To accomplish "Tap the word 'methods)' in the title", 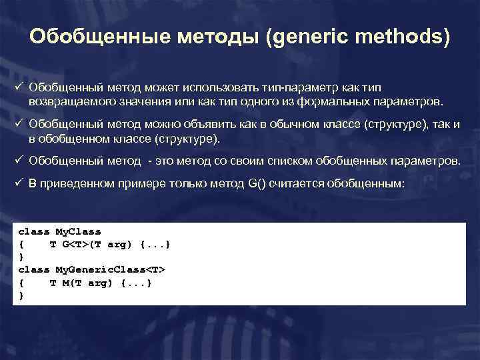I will pyautogui.click(x=403, y=37).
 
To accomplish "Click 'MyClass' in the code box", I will pyautogui.click(x=78, y=231).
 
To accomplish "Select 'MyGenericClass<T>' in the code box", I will pyautogui.click(x=110, y=270).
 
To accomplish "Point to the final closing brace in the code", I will pyautogui.click(x=21, y=295).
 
